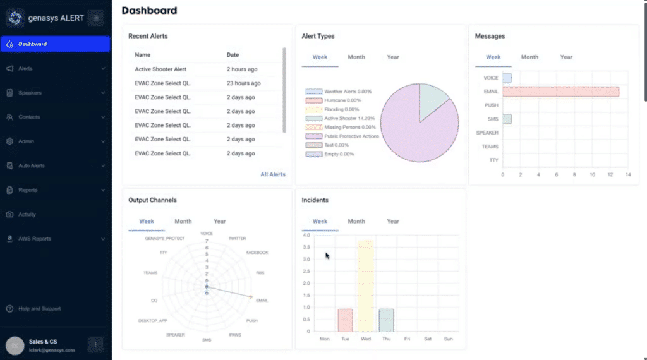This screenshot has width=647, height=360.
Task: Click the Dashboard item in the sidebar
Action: tap(32, 44)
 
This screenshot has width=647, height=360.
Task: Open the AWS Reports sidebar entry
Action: tap(35, 239)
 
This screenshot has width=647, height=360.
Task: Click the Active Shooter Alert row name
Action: tap(160, 69)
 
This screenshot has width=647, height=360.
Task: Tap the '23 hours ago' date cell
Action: tap(243, 83)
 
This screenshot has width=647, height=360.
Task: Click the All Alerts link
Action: tap(273, 174)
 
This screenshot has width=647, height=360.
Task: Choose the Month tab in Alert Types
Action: tap(356, 57)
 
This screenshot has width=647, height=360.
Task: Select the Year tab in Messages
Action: tap(566, 57)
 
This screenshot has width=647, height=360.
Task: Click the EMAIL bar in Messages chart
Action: tap(560, 92)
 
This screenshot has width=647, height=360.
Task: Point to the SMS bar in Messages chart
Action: tap(507, 119)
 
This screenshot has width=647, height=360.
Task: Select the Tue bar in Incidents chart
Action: tap(345, 320)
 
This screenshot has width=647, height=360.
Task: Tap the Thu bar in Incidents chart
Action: tap(386, 320)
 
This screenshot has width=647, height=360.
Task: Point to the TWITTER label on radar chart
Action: tap(237, 239)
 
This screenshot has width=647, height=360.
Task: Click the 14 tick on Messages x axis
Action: tap(628, 174)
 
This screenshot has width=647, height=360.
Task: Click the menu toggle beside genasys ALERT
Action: tap(95, 18)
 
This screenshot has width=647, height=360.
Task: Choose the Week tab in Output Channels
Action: tap(146, 222)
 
